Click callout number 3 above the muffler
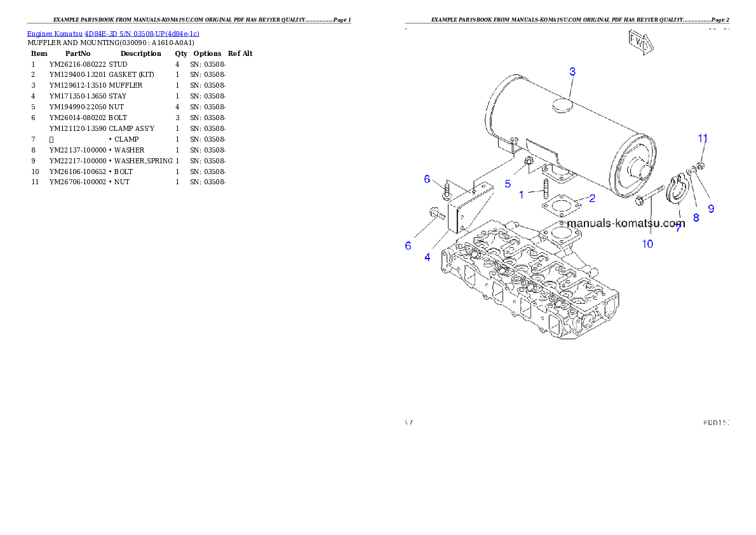tap(572, 72)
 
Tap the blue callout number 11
tap(703, 138)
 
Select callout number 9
tap(711, 208)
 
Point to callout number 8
tap(696, 217)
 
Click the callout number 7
tap(678, 228)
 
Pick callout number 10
tap(647, 243)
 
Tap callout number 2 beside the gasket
tap(592, 198)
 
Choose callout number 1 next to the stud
tap(522, 194)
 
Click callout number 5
tap(508, 184)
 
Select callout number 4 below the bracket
tap(427, 257)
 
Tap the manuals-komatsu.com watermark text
tap(626, 223)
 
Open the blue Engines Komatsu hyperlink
tap(113, 33)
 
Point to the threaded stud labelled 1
tap(546, 189)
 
